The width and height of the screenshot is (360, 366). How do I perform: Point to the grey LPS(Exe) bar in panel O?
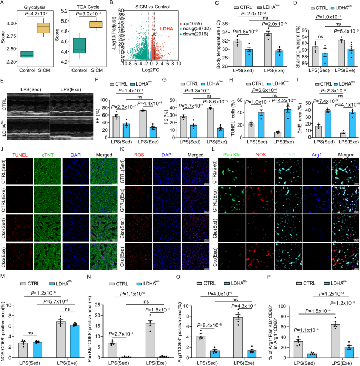[239, 332]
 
